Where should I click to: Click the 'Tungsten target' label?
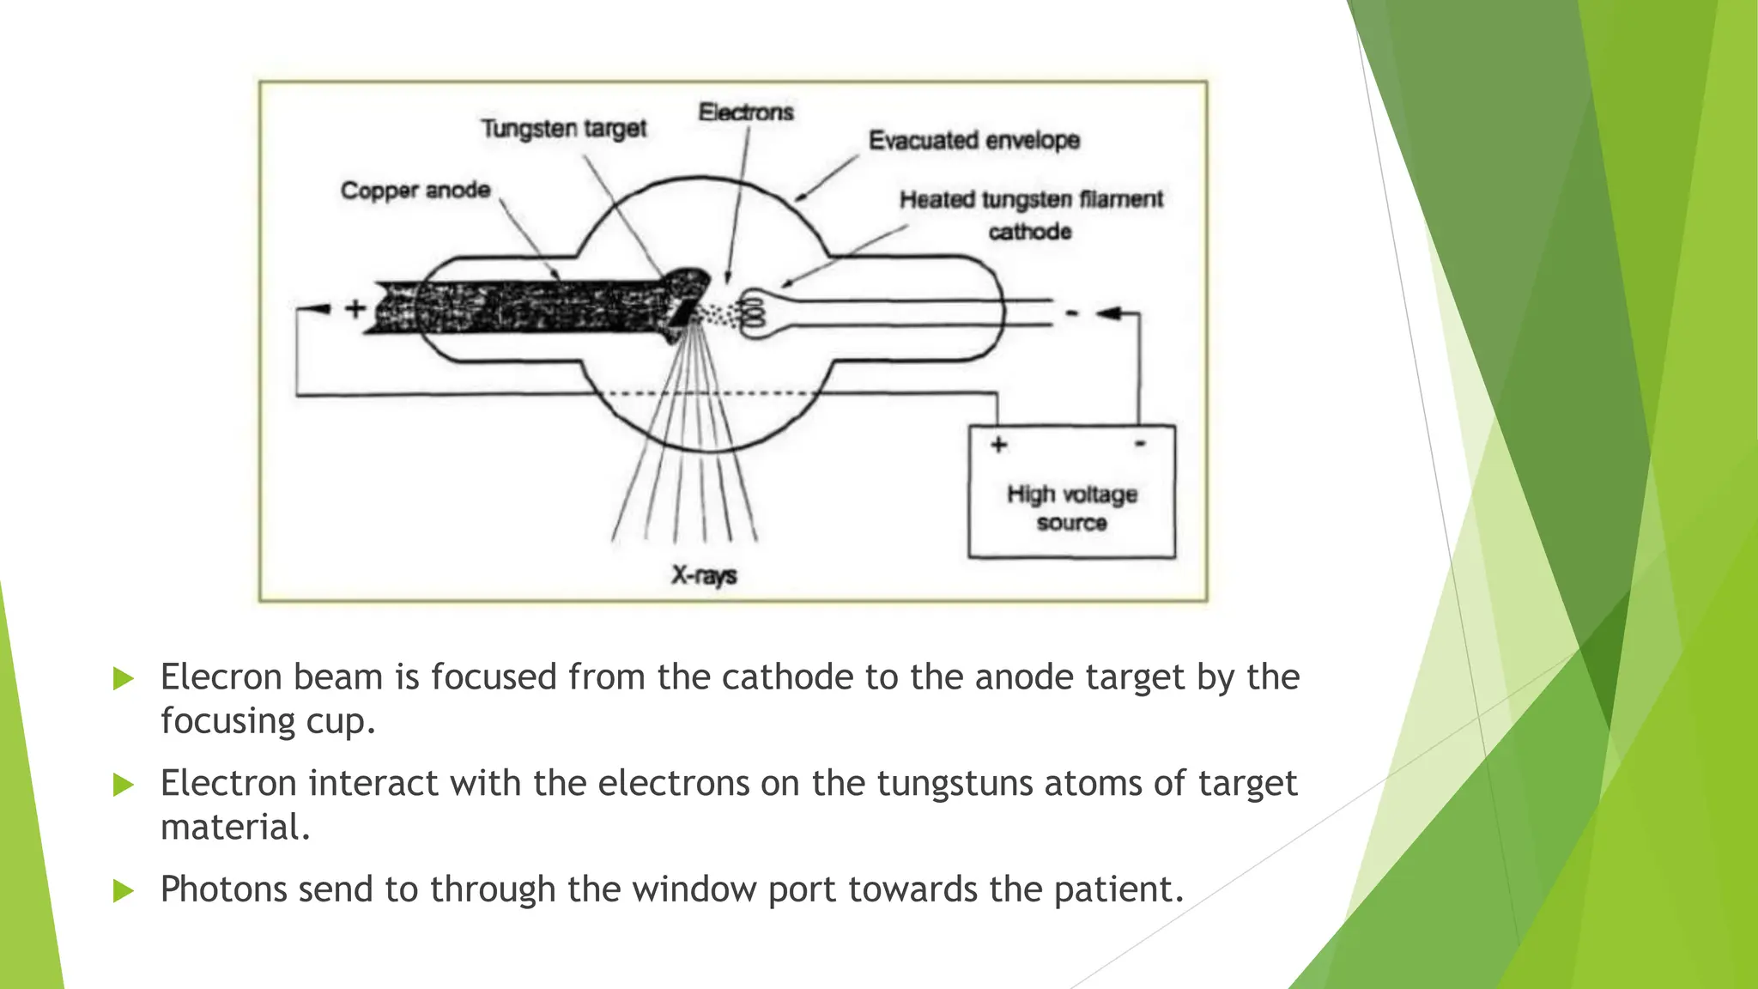click(563, 129)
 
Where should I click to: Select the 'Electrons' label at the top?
click(745, 112)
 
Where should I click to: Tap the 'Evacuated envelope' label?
click(973, 140)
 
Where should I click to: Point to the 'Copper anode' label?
click(415, 191)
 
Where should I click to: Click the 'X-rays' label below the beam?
click(704, 575)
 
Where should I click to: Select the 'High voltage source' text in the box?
click(1071, 508)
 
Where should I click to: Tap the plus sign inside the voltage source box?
click(998, 445)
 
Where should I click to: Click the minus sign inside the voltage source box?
click(1140, 444)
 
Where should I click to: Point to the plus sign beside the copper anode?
click(355, 308)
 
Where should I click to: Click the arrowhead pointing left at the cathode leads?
click(1109, 313)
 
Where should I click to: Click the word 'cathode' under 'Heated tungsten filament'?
click(1029, 232)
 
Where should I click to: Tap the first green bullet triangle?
click(124, 679)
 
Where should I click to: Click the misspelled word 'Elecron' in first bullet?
click(220, 677)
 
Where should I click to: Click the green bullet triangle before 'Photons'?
click(124, 890)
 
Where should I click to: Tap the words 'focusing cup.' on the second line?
click(268, 721)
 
